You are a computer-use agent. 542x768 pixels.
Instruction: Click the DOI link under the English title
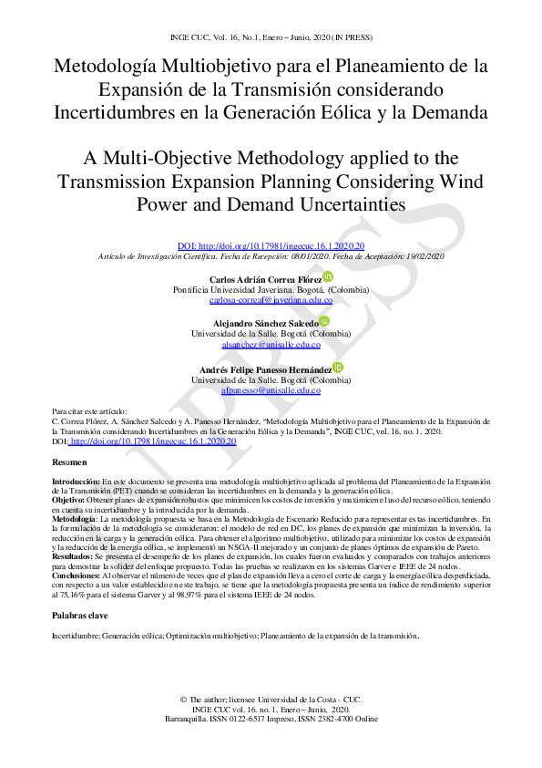[x=271, y=246]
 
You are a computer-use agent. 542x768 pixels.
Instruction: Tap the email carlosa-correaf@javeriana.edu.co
[x=271, y=299]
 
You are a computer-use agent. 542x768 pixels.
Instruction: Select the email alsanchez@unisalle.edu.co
[x=271, y=345]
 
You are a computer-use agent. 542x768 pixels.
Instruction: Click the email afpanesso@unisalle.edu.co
[x=271, y=389]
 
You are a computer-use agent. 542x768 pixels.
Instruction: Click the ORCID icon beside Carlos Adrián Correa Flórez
[x=328, y=276]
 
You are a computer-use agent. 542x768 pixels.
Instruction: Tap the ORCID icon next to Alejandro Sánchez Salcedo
[x=324, y=322]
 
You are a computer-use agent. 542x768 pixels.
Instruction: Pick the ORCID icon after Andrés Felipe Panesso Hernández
[x=339, y=367]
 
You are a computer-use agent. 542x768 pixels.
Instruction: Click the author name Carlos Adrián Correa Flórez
[x=265, y=278]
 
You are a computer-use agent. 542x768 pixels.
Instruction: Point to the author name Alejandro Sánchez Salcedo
[x=265, y=324]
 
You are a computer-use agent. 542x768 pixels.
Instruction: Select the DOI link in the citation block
[x=153, y=441]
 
